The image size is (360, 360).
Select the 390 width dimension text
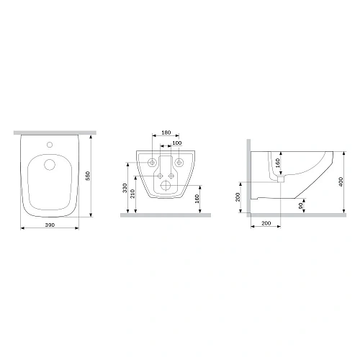point(50,225)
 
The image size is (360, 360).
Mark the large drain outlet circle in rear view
point(166,185)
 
